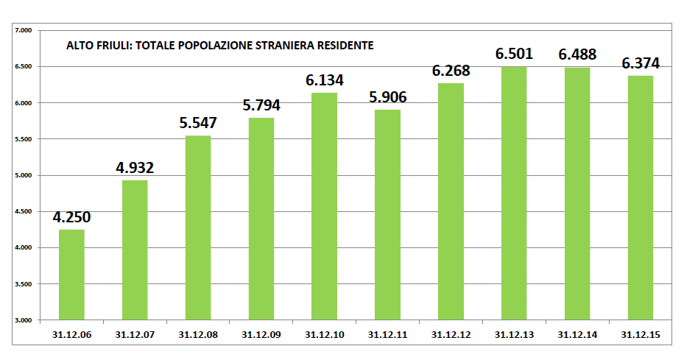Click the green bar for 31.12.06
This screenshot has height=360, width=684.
click(71, 275)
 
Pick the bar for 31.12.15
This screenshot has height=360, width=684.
click(641, 197)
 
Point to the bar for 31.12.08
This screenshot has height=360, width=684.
click(198, 227)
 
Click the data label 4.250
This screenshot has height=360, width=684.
click(71, 217)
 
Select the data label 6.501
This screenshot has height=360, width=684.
click(514, 54)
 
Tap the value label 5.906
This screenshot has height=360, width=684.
click(387, 97)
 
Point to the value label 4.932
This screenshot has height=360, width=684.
click(135, 168)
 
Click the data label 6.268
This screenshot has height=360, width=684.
click(451, 71)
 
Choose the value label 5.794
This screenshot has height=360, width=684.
click(261, 105)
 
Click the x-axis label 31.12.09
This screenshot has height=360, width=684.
click(261, 334)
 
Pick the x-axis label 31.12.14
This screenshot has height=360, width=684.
click(577, 334)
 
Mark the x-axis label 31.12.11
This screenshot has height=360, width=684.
click(387, 334)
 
